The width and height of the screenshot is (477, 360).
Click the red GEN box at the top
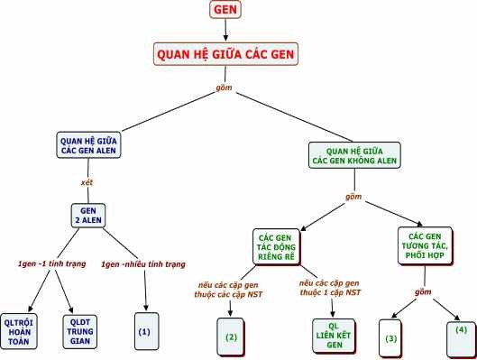225,10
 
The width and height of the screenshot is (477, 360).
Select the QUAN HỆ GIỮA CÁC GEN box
225,53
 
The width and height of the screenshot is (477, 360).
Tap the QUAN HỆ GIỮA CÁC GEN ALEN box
87,146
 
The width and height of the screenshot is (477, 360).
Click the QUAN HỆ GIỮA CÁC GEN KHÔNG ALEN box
354,155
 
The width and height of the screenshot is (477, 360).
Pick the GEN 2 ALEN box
87,216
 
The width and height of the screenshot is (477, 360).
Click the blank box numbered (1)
146,330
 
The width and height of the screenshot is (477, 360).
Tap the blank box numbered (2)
231,337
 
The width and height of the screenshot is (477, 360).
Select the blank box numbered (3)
390,338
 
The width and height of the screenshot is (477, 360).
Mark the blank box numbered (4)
461,336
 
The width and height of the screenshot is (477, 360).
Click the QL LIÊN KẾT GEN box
334,335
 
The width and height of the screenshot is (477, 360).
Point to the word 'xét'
87,182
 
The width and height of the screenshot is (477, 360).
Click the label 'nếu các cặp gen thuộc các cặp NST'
232,290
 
